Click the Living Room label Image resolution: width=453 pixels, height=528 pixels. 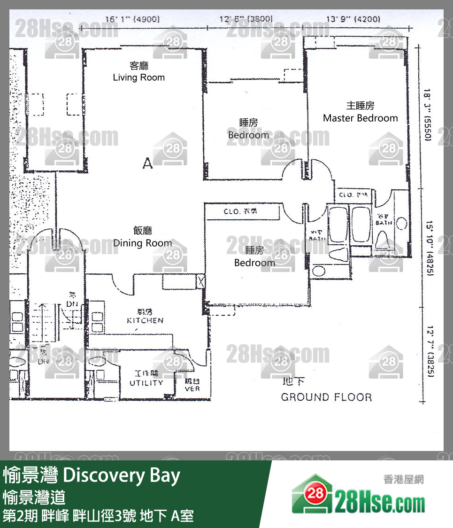point(139,77)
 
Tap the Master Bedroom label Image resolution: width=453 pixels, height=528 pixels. point(360,118)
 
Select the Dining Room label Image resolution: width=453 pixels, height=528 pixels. point(142,243)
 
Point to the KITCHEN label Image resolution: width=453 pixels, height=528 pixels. point(145,320)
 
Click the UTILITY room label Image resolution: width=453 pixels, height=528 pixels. point(146,382)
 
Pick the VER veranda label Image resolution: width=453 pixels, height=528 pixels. point(192,388)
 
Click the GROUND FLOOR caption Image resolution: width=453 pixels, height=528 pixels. point(326,397)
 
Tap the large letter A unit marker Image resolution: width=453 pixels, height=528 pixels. point(147,163)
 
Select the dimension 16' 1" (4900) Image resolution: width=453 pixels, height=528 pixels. point(132,19)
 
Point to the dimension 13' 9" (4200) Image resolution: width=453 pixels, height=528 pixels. point(353,19)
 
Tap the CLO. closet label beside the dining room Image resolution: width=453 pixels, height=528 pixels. point(240,212)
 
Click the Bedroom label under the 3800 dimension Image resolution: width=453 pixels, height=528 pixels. point(248,135)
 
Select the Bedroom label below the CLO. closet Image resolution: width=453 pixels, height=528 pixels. point(254,263)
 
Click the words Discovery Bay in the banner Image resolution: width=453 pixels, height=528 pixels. point(121,476)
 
